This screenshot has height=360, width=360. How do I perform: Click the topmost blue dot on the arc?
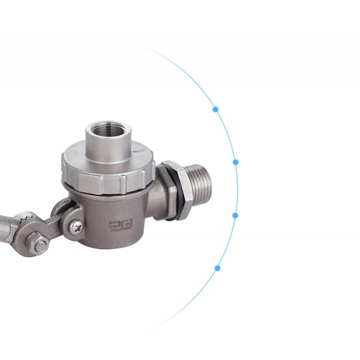(x=215, y=110)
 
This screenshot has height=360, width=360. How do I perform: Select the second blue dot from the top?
(x=236, y=162)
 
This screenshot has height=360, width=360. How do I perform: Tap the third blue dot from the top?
(x=235, y=215)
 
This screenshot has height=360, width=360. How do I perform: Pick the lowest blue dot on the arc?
(x=217, y=268)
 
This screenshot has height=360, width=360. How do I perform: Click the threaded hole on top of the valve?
(x=108, y=130)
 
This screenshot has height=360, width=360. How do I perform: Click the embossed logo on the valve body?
(x=118, y=226)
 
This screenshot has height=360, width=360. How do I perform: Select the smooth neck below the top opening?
(x=108, y=150)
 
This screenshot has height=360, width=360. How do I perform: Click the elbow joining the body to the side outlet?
(x=157, y=201)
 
